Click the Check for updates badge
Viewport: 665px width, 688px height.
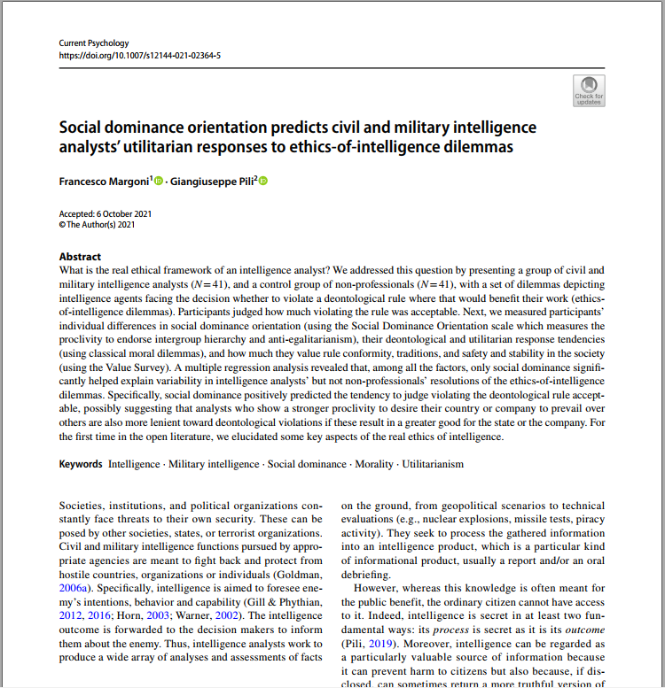point(589,90)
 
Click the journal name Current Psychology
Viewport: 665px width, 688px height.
point(93,43)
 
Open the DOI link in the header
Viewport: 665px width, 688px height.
point(139,55)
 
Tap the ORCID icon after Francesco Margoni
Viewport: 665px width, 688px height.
point(160,182)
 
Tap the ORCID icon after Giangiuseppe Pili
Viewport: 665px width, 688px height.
point(262,182)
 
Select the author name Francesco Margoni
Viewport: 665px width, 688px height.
point(104,182)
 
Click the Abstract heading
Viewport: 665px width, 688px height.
point(80,257)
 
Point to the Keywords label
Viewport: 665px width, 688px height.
point(81,464)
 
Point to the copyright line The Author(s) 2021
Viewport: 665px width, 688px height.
point(100,225)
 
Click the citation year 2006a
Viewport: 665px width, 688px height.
point(75,585)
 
